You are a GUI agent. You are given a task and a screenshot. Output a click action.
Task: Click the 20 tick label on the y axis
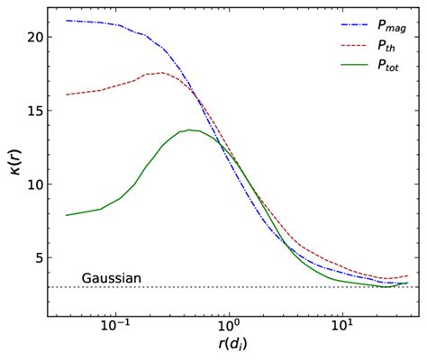[29, 38]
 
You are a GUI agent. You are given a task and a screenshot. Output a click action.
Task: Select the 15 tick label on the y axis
[29, 111]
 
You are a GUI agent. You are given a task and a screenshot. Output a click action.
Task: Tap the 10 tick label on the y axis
[29, 184]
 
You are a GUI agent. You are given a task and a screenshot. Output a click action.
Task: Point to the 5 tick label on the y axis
[33, 258]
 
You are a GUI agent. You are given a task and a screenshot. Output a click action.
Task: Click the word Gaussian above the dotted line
[112, 278]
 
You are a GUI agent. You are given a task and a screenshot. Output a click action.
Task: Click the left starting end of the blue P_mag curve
[66, 20]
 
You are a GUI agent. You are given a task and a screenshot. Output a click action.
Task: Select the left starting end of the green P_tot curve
[66, 215]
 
